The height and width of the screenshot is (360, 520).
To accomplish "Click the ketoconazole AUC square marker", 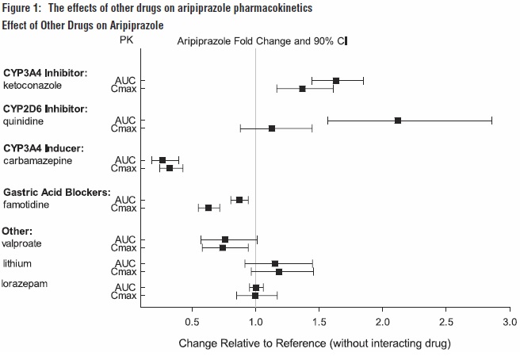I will click(336, 81).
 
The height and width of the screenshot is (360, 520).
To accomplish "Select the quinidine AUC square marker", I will click(398, 121).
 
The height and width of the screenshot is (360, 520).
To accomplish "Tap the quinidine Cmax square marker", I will click(272, 128).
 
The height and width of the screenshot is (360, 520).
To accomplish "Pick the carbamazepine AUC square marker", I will click(162, 160).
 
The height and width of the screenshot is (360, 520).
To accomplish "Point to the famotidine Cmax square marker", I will click(208, 208).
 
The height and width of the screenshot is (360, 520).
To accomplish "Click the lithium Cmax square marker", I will click(279, 272).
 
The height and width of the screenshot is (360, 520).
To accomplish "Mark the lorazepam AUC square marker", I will click(255, 288).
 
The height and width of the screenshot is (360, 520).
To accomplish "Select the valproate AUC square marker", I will click(225, 239).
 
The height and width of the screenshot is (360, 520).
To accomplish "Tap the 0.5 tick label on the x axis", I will click(192, 323).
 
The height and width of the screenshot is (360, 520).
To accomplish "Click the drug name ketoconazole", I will click(32, 85).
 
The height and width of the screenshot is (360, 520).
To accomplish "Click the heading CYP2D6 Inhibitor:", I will click(46, 108).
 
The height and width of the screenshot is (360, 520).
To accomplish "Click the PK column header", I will click(127, 39).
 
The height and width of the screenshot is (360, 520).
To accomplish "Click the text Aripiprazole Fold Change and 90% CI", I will click(262, 40).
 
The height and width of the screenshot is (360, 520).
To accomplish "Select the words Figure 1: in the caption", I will click(23, 8).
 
